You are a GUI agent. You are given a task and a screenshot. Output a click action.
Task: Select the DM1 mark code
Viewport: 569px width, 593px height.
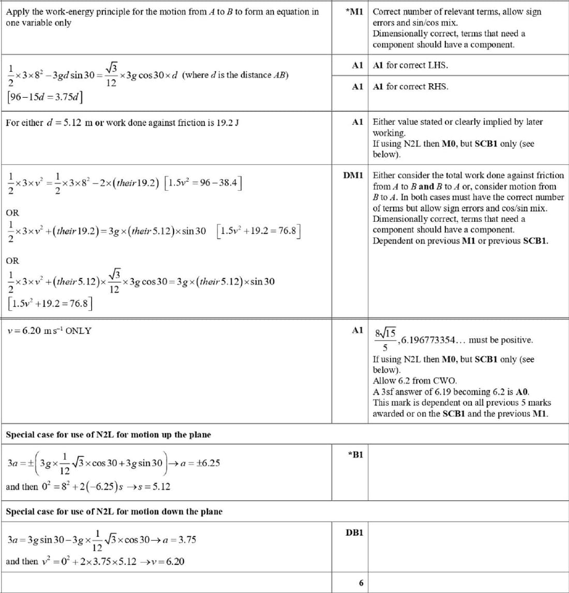click(x=353, y=176)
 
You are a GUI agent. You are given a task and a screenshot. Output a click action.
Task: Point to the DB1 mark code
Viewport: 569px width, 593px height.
click(x=354, y=532)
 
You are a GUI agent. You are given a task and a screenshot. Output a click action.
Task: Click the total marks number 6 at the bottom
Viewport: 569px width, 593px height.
click(x=361, y=583)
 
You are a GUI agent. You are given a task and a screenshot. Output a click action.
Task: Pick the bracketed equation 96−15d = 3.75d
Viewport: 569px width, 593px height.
click(x=45, y=97)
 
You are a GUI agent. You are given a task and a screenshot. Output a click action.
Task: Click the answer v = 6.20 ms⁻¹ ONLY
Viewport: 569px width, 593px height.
click(x=50, y=331)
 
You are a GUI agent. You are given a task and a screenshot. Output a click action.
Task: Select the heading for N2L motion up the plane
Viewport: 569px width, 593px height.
click(x=108, y=435)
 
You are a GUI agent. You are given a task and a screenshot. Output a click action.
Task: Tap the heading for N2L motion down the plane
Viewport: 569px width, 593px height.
click(x=114, y=512)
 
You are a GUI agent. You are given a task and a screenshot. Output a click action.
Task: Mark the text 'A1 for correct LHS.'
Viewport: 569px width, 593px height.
click(x=410, y=65)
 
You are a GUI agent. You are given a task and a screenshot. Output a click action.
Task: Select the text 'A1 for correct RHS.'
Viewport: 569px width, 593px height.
click(x=410, y=86)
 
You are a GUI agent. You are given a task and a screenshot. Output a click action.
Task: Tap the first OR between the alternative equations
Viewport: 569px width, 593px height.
click(x=12, y=212)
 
